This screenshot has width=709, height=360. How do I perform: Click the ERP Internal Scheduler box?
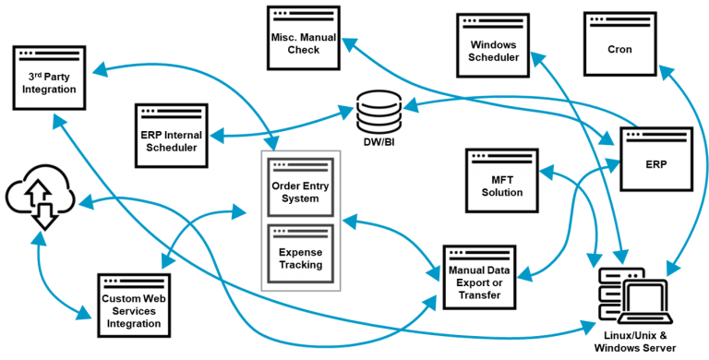pos(171,138)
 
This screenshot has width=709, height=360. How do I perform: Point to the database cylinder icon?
pos(379,112)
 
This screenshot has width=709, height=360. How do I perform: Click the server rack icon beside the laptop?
pos(614,292)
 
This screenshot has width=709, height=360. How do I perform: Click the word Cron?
pos(619,50)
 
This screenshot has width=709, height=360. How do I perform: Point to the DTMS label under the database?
pos(379,142)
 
